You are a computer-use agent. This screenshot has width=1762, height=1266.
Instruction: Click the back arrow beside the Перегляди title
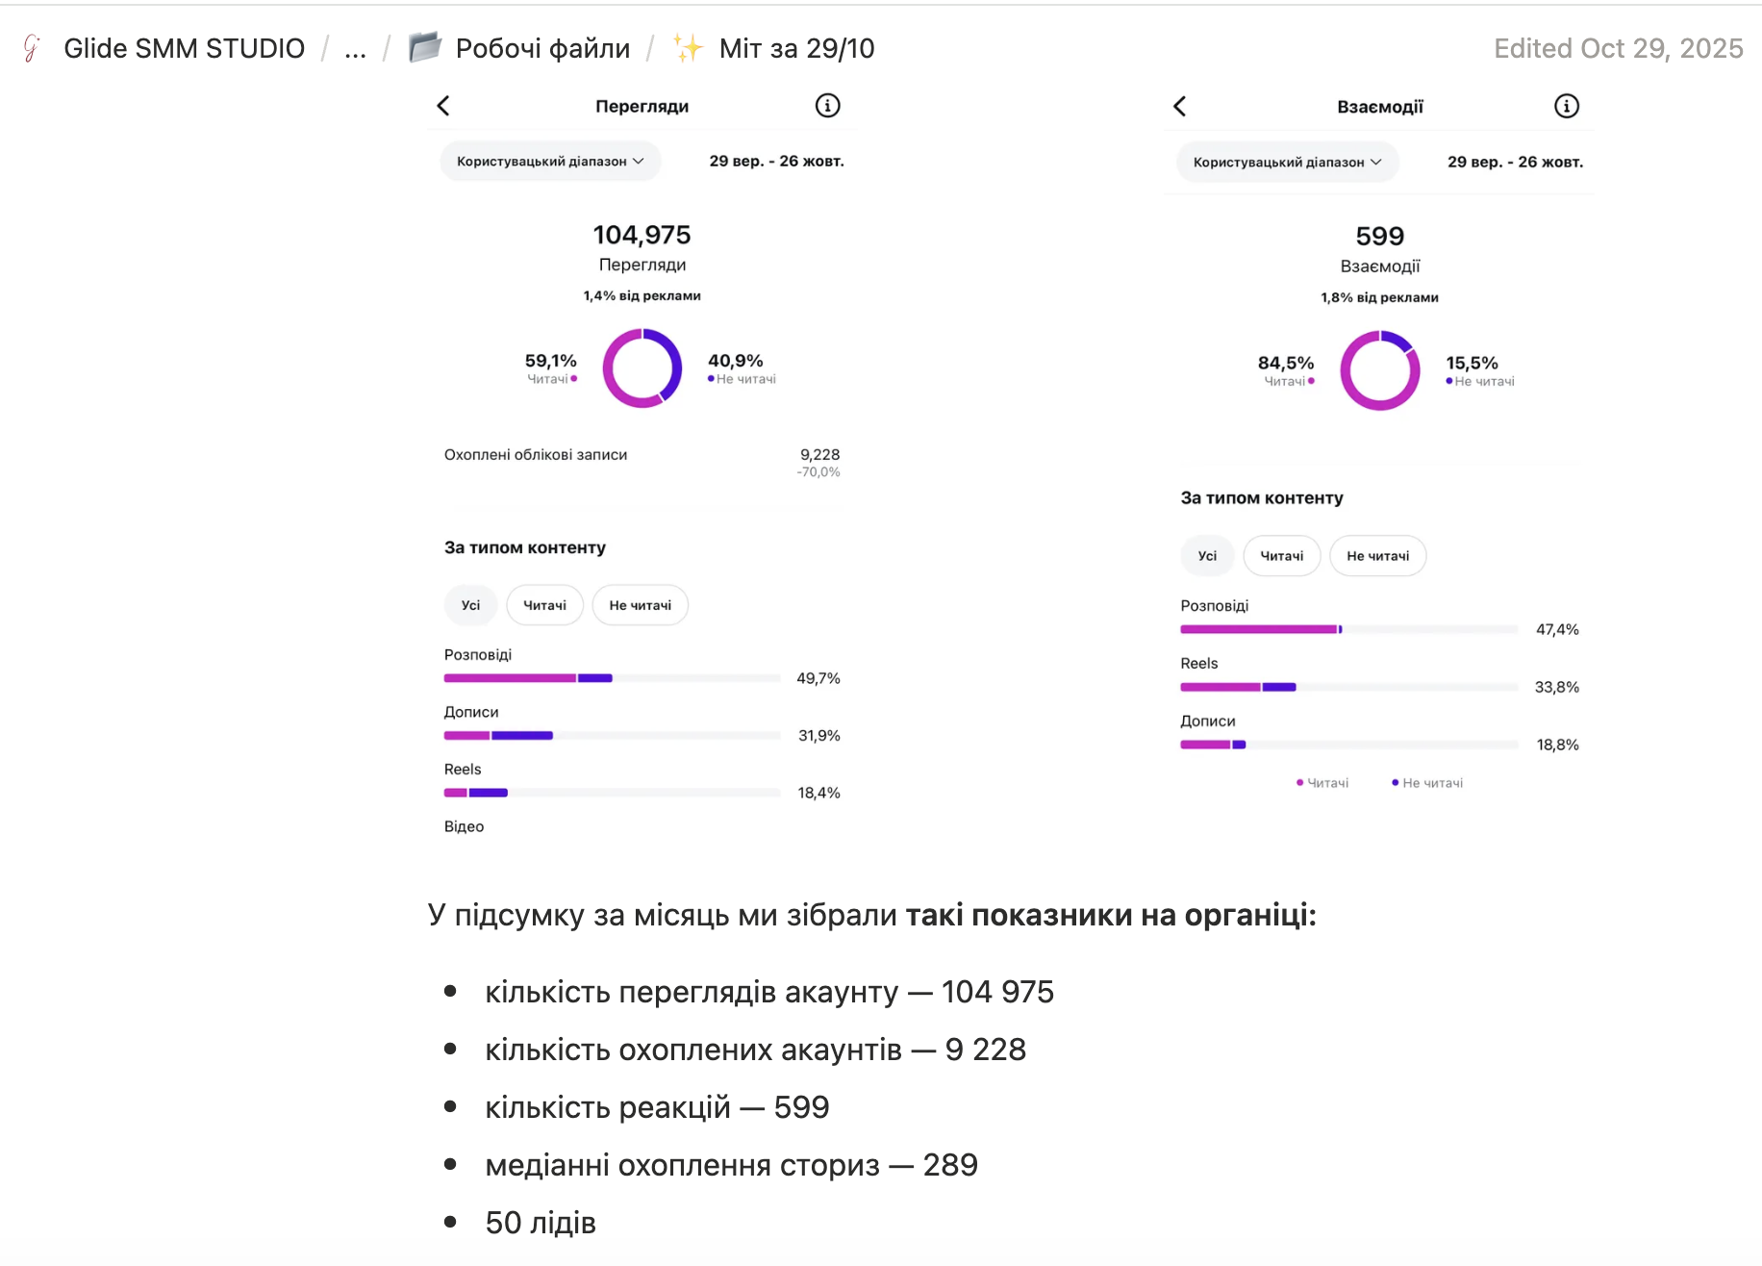(443, 106)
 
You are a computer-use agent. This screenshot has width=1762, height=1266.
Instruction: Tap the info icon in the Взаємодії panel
(1567, 106)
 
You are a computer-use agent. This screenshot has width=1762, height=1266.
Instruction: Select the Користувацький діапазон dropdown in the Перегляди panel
(550, 162)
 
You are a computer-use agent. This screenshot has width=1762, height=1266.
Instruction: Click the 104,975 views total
(642, 235)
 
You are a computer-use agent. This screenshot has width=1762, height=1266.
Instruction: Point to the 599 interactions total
(1380, 236)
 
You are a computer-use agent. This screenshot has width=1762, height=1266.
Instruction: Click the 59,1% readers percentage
(550, 361)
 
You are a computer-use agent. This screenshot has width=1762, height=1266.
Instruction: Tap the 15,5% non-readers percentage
(1472, 363)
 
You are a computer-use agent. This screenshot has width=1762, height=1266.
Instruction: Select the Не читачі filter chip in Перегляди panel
(641, 605)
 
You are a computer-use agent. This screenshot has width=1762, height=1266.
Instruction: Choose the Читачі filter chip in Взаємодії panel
(1282, 556)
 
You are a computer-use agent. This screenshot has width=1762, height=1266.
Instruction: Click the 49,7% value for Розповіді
(818, 678)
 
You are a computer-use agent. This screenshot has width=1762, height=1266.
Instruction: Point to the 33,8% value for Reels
(1557, 687)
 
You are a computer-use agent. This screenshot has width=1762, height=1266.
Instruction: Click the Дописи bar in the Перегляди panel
(498, 736)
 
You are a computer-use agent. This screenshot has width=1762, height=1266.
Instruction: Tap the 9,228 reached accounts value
(819, 454)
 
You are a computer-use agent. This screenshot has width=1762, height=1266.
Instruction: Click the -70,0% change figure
(818, 472)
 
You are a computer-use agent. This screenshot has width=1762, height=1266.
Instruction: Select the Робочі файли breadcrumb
(542, 48)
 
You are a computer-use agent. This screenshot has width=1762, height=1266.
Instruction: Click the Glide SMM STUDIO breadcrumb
(185, 48)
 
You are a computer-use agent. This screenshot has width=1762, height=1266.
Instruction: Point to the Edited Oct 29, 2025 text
(1619, 48)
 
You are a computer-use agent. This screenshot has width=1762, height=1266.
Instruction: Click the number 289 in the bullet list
(950, 1165)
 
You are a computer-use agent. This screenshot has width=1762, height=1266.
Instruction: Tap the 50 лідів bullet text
(541, 1223)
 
